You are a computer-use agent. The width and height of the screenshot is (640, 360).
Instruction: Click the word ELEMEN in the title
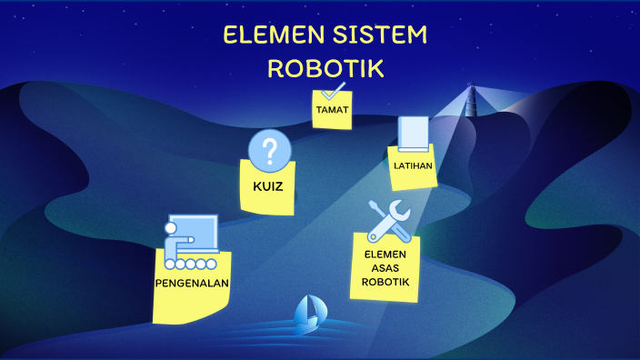click(x=264, y=36)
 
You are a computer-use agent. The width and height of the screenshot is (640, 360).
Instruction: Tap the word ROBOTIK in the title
click(x=325, y=69)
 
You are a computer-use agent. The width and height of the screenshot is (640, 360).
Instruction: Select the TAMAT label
click(x=332, y=109)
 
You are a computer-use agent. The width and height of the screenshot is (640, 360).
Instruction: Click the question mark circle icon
click(x=270, y=150)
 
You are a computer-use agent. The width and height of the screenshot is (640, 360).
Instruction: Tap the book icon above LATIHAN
click(x=412, y=134)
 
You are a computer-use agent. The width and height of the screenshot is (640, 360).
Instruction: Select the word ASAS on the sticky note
click(x=386, y=268)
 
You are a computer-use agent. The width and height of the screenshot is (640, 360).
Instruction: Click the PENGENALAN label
click(x=192, y=282)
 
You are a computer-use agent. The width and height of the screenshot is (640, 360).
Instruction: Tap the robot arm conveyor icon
click(x=190, y=243)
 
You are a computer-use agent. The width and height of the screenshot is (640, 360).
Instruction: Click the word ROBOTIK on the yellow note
click(x=386, y=282)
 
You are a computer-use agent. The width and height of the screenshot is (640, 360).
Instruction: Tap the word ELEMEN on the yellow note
click(x=386, y=255)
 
